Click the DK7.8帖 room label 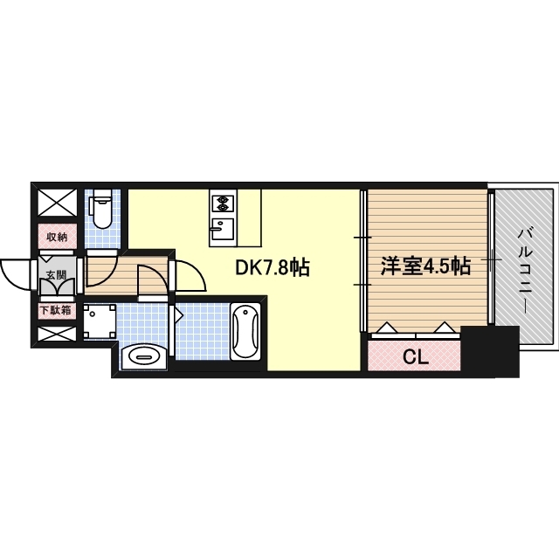coord(273,268)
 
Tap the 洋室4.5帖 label coord(425,266)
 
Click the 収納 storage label coord(57,238)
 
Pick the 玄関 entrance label coord(57,274)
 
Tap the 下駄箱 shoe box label coord(56,310)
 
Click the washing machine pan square coord(100,321)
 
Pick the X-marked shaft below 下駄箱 coord(57,334)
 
